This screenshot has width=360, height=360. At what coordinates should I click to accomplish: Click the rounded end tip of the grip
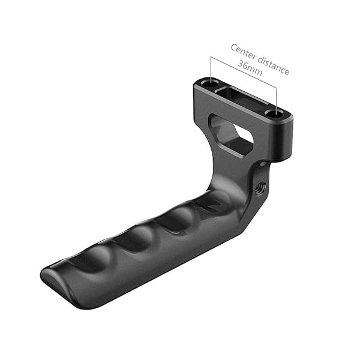[51, 282]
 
